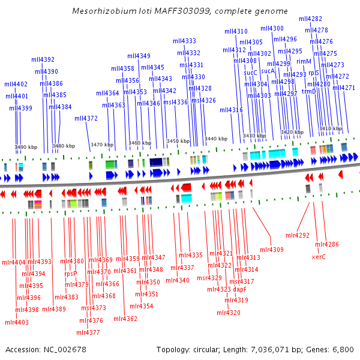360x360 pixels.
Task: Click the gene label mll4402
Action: [16, 84]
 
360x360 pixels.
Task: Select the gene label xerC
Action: [319, 257]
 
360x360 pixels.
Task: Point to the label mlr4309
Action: [272, 250]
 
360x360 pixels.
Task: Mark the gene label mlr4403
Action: [17, 322]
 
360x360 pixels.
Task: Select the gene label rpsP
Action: [71, 274]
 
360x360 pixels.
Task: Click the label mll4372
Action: [86, 118]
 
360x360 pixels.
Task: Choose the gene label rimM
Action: [304, 61]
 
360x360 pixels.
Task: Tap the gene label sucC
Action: [250, 73]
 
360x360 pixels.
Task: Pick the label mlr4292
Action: [298, 235]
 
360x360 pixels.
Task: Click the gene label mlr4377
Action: [89, 332]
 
